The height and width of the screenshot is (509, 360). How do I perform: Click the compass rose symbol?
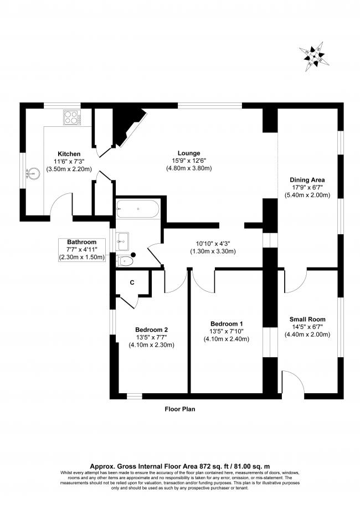314,57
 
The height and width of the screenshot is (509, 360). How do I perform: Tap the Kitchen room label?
70,153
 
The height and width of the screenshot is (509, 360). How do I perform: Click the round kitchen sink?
33,174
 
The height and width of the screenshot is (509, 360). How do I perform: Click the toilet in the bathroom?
126,259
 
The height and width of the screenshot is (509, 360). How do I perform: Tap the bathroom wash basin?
123,240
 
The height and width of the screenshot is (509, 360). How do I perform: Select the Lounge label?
189,153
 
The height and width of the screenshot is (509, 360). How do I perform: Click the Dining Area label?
307,179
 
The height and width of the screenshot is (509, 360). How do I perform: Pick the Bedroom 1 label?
227,323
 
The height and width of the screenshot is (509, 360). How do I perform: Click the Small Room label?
307,319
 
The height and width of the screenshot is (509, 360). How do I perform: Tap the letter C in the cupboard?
132,282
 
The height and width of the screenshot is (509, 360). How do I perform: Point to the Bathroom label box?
82,250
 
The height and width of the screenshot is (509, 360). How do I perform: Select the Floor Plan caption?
180,409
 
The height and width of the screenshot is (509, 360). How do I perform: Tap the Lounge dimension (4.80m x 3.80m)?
189,168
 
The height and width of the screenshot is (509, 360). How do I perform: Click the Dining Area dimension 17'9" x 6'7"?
307,187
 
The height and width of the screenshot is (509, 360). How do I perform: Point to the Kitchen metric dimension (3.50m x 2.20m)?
70,168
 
